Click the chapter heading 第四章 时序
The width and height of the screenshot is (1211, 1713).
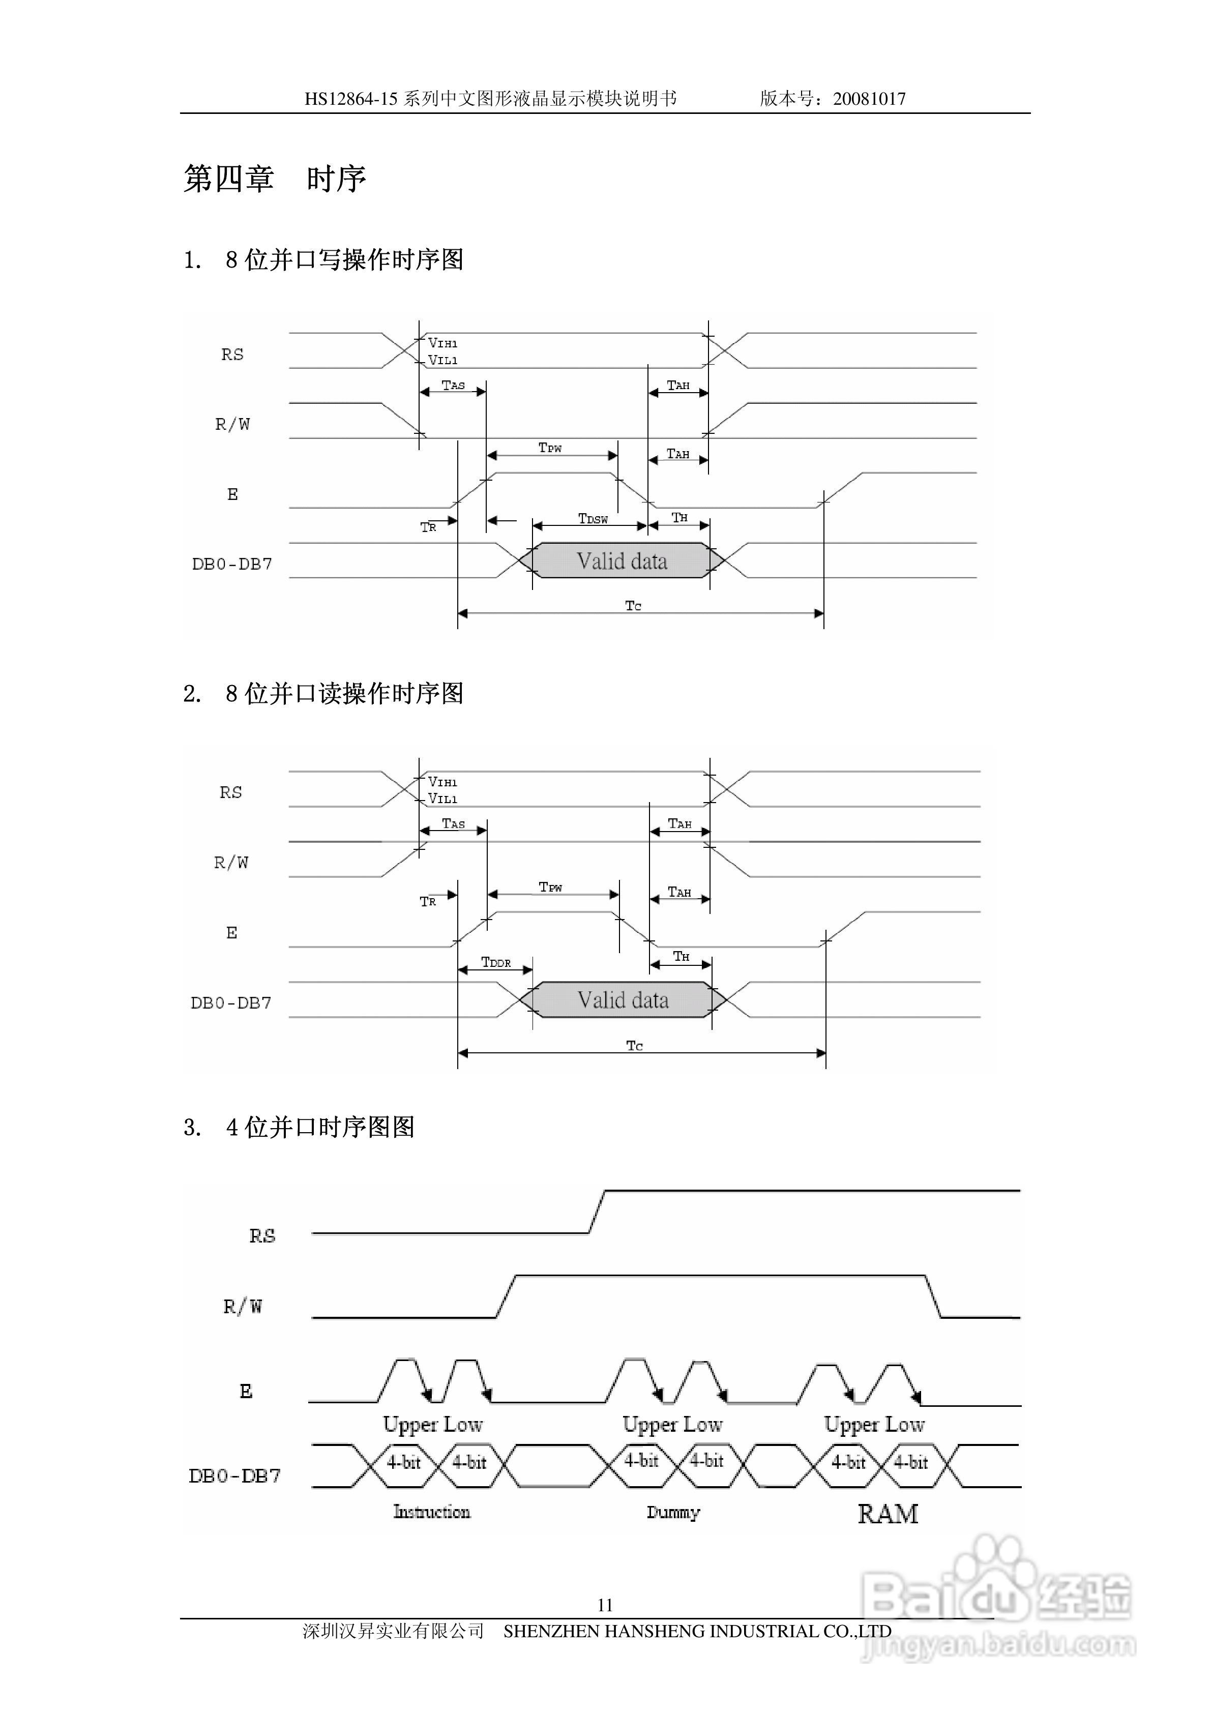(275, 179)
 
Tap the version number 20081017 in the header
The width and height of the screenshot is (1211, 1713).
(869, 99)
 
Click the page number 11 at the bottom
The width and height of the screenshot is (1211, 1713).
(605, 1604)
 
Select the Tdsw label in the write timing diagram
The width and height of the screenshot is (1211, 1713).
(593, 518)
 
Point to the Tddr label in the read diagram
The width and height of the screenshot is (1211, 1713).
(496, 962)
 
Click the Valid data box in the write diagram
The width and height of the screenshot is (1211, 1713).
(622, 561)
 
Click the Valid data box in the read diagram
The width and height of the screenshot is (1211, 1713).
(623, 1000)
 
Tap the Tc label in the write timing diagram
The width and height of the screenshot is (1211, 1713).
(633, 606)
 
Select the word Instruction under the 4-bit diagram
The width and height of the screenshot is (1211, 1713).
(432, 1512)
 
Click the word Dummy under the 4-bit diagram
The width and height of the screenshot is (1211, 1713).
(673, 1512)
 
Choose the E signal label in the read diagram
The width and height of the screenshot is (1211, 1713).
(231, 933)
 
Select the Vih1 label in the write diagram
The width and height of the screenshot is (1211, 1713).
(442, 343)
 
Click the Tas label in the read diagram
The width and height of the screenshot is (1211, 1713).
(453, 823)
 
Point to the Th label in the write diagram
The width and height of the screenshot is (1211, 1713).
(679, 517)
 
